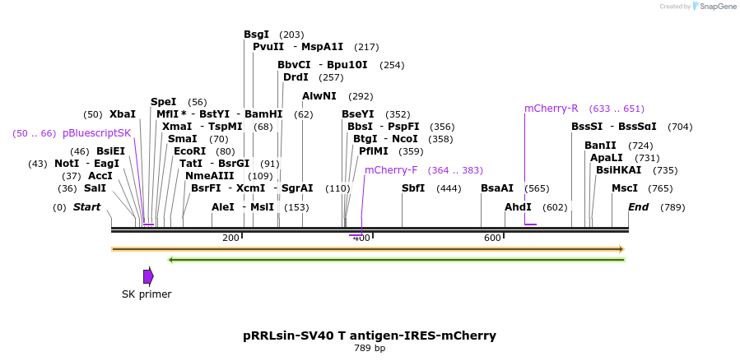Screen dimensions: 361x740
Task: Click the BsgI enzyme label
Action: (x=256, y=35)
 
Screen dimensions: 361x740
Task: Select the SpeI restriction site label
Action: (x=163, y=102)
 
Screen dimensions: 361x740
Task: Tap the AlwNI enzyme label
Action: (x=319, y=96)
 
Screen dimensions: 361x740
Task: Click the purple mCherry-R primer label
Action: (x=552, y=109)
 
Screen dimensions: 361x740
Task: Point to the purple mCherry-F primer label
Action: (x=391, y=170)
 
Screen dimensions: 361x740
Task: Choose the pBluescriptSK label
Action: (x=96, y=133)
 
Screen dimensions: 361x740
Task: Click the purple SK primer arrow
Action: (x=148, y=276)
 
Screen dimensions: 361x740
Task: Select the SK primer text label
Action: (x=147, y=294)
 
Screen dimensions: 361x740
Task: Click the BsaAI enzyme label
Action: (x=497, y=188)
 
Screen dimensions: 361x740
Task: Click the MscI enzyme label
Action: (x=625, y=188)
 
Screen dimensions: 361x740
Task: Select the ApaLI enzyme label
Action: (x=607, y=158)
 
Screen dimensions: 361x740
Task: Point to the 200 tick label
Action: (x=230, y=238)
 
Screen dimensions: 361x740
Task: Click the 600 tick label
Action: (x=492, y=238)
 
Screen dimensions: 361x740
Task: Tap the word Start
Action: (x=86, y=207)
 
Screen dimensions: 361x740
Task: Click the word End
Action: (x=639, y=207)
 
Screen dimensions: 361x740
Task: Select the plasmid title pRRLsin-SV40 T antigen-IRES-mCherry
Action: (x=370, y=336)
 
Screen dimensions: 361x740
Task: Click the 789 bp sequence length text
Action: (x=370, y=349)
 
